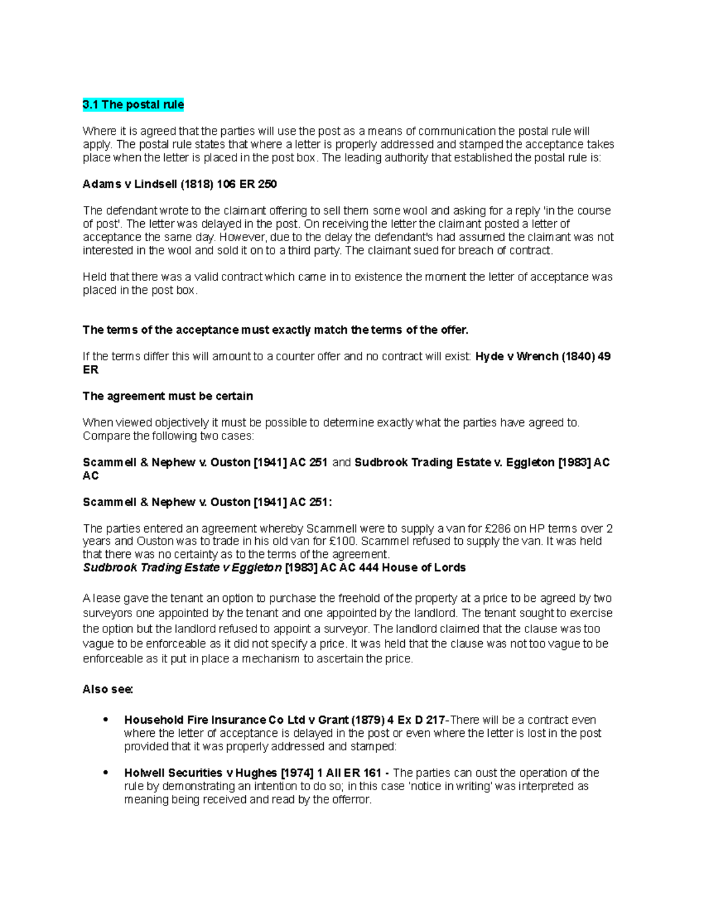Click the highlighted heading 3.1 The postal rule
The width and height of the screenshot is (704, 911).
[133, 105]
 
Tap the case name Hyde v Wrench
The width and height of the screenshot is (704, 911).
[516, 357]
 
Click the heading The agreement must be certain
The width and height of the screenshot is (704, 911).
[168, 396]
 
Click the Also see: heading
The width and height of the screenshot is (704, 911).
[108, 689]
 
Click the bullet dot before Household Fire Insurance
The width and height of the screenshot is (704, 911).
[106, 720]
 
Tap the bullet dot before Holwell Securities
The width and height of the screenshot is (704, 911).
[106, 773]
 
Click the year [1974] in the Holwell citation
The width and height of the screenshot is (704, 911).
[297, 773]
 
